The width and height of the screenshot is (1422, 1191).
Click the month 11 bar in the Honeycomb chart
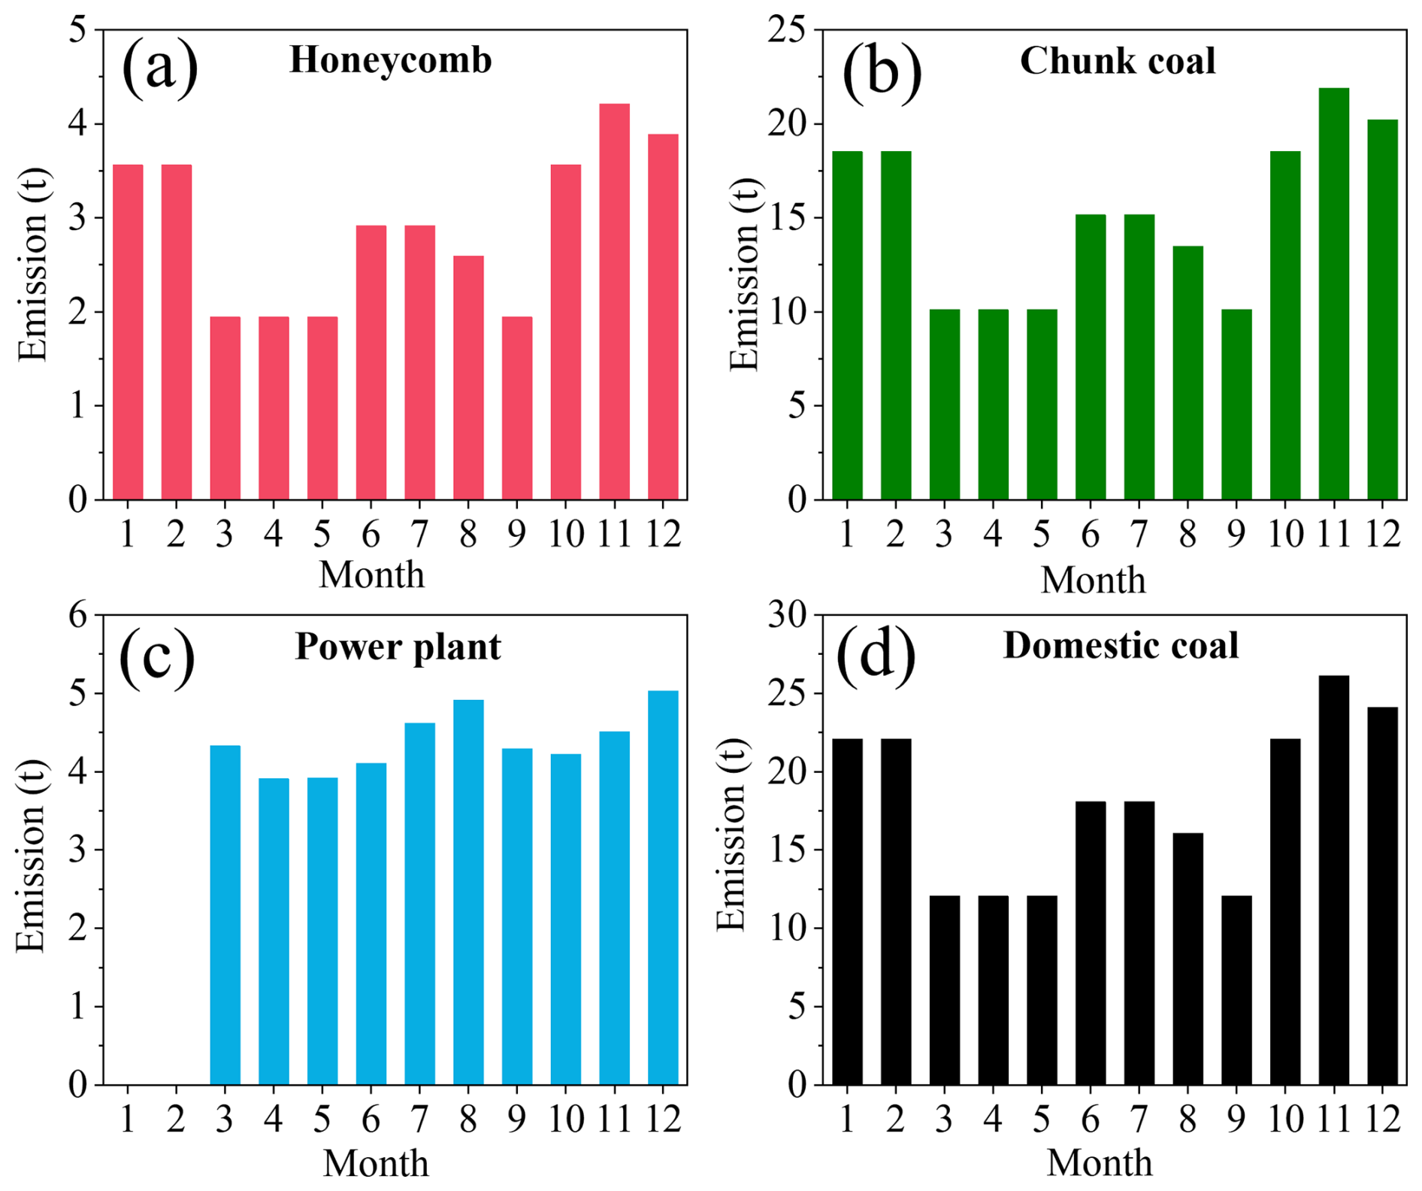tap(614, 302)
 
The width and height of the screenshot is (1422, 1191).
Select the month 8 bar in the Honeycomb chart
tap(468, 377)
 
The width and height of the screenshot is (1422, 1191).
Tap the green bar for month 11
tap(1333, 294)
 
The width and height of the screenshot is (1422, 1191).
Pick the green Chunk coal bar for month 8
tap(1188, 373)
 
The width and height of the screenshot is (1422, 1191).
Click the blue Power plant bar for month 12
tap(663, 887)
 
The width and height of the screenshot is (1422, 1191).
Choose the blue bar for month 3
tap(225, 914)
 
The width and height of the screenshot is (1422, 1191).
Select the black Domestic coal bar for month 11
tap(1333, 880)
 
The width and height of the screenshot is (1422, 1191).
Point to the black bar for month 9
tap(1236, 989)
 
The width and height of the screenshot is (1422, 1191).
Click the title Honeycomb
tap(390, 60)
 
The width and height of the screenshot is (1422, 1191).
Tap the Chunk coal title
tap(1117, 61)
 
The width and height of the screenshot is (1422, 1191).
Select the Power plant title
tap(398, 647)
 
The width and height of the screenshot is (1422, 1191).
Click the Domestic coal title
tap(1120, 646)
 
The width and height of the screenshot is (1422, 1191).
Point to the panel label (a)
tap(159, 68)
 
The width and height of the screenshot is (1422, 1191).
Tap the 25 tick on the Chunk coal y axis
tap(786, 30)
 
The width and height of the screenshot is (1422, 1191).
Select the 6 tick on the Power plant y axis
tap(78, 616)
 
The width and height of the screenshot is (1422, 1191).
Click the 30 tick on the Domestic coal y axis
tap(786, 616)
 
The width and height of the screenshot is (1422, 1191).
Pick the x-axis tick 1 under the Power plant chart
tap(127, 1120)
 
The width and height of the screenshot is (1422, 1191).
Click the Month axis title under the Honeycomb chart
tap(371, 575)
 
